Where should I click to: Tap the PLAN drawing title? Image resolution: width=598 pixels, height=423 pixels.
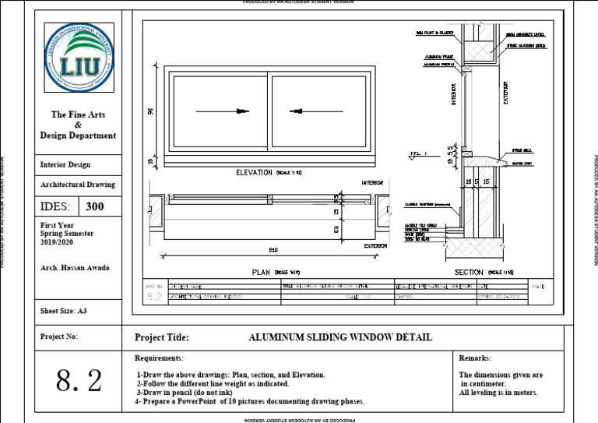point(260,272)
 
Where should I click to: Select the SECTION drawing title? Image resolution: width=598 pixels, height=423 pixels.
point(470,272)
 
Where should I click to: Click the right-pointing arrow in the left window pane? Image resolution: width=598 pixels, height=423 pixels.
point(222,111)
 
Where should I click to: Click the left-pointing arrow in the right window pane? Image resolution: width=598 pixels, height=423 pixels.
point(315,111)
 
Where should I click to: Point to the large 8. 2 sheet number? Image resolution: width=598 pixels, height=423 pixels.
point(79,380)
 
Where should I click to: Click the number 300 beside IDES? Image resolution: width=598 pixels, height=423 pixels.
point(95,207)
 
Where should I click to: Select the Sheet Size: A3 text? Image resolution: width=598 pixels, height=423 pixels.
point(64,311)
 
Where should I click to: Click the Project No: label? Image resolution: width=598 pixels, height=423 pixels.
point(59,337)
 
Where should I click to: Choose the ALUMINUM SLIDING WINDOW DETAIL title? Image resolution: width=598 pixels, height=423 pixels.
point(339,337)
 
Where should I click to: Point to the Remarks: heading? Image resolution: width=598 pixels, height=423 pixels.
point(475,358)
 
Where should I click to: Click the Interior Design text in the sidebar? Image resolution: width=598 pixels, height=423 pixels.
point(65,164)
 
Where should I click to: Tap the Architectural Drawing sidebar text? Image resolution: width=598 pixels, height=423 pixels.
point(77,185)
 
